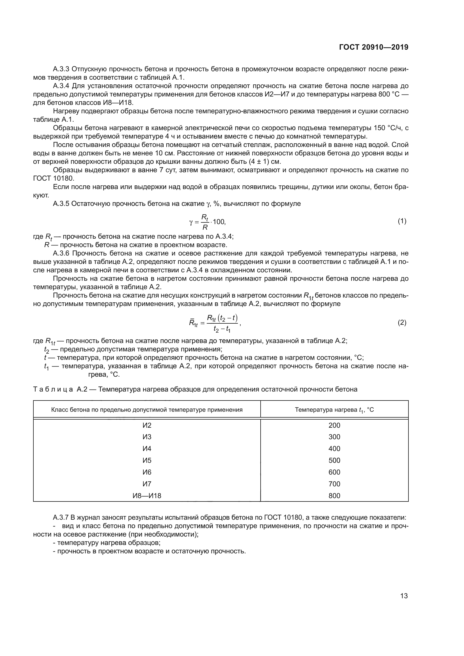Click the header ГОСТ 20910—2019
373,47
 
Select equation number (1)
402,221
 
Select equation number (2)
402,323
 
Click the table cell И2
147,425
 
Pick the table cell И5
147,460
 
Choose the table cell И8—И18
147,496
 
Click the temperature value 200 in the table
334,425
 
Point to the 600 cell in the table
334,472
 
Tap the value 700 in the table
334,484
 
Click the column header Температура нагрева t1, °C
334,410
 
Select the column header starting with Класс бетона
147,410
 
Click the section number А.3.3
61,69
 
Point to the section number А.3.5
61,204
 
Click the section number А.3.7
61,517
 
